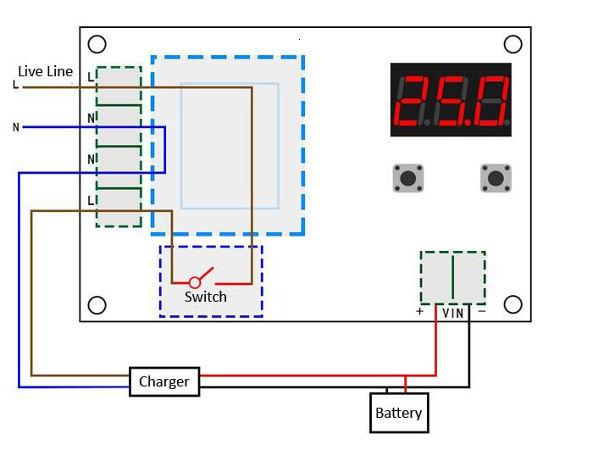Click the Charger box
tap(164, 381)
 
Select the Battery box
tap(399, 413)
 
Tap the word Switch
tap(206, 297)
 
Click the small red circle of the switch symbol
tap(195, 282)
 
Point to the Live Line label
tap(46, 71)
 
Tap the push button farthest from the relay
tap(496, 178)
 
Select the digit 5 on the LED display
tap(452, 100)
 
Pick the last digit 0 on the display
tap(492, 100)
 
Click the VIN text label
tap(453, 313)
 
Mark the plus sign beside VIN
tap(419, 311)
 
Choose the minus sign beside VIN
tap(481, 311)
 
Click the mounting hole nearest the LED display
tap(513, 44)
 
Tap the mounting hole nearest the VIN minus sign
tap(513, 303)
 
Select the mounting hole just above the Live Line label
tap(97, 44)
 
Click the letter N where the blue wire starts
tap(15, 128)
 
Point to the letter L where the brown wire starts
tap(15, 85)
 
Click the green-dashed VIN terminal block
tap(453, 277)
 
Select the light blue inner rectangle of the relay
tap(229, 146)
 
